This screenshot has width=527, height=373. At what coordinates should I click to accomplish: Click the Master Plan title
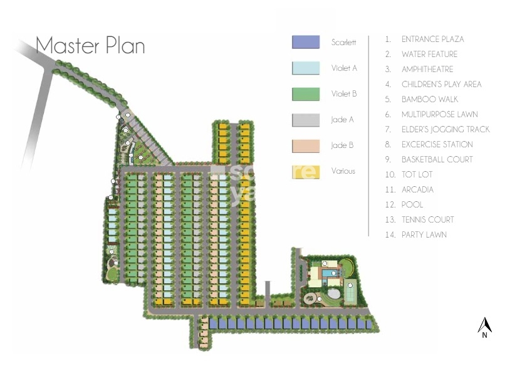[x=90, y=46]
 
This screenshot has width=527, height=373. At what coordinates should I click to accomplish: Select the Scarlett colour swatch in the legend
[x=305, y=43]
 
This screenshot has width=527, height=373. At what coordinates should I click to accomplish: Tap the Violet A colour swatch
[x=305, y=68]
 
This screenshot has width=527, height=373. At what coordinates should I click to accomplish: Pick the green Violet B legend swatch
[x=305, y=94]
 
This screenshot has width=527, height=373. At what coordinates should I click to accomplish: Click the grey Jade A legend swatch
[x=305, y=120]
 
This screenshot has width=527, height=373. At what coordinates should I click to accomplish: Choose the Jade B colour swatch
[x=305, y=145]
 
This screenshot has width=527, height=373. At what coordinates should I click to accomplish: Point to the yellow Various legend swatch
[x=305, y=171]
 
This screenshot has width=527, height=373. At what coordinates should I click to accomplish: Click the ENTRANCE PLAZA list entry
[x=432, y=39]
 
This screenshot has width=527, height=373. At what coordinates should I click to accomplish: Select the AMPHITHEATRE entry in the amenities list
[x=427, y=69]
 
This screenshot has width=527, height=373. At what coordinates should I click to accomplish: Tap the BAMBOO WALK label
[x=429, y=99]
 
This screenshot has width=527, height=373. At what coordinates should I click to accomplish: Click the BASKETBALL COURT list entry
[x=437, y=159]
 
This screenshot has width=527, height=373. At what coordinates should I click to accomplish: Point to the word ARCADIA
[x=417, y=189]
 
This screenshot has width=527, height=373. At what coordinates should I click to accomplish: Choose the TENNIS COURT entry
[x=427, y=219]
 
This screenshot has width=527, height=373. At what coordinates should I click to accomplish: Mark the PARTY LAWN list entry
[x=424, y=234]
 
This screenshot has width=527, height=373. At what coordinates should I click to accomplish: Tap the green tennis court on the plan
[x=351, y=290]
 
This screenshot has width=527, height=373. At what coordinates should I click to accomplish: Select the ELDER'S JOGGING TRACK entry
[x=446, y=129]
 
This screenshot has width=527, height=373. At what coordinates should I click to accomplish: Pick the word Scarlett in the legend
[x=343, y=43]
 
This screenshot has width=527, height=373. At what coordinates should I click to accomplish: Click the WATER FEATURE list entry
[x=429, y=54]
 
